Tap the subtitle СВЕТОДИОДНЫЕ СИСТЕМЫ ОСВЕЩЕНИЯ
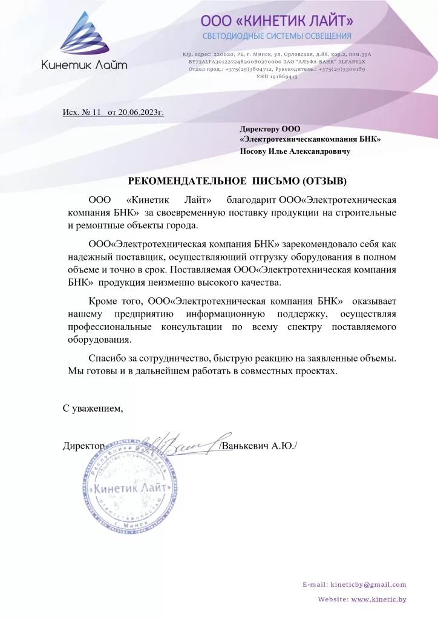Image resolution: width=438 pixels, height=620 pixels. pyautogui.click(x=276, y=37)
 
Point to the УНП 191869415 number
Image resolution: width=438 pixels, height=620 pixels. pyautogui.click(x=276, y=77)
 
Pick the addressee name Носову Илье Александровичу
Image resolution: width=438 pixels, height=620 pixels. pyautogui.click(x=295, y=151)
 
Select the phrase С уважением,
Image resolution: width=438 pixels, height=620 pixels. pyautogui.click(x=93, y=408)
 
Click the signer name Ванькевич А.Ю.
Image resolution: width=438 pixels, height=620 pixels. pyautogui.click(x=258, y=446)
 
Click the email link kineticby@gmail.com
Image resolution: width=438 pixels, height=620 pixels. pyautogui.click(x=368, y=584)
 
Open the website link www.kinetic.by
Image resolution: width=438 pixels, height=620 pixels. pyautogui.click(x=379, y=599)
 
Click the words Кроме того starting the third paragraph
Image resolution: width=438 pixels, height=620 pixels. pyautogui.click(x=114, y=301)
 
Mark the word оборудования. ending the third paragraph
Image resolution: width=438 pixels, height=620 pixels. pyautogui.click(x=97, y=340)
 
